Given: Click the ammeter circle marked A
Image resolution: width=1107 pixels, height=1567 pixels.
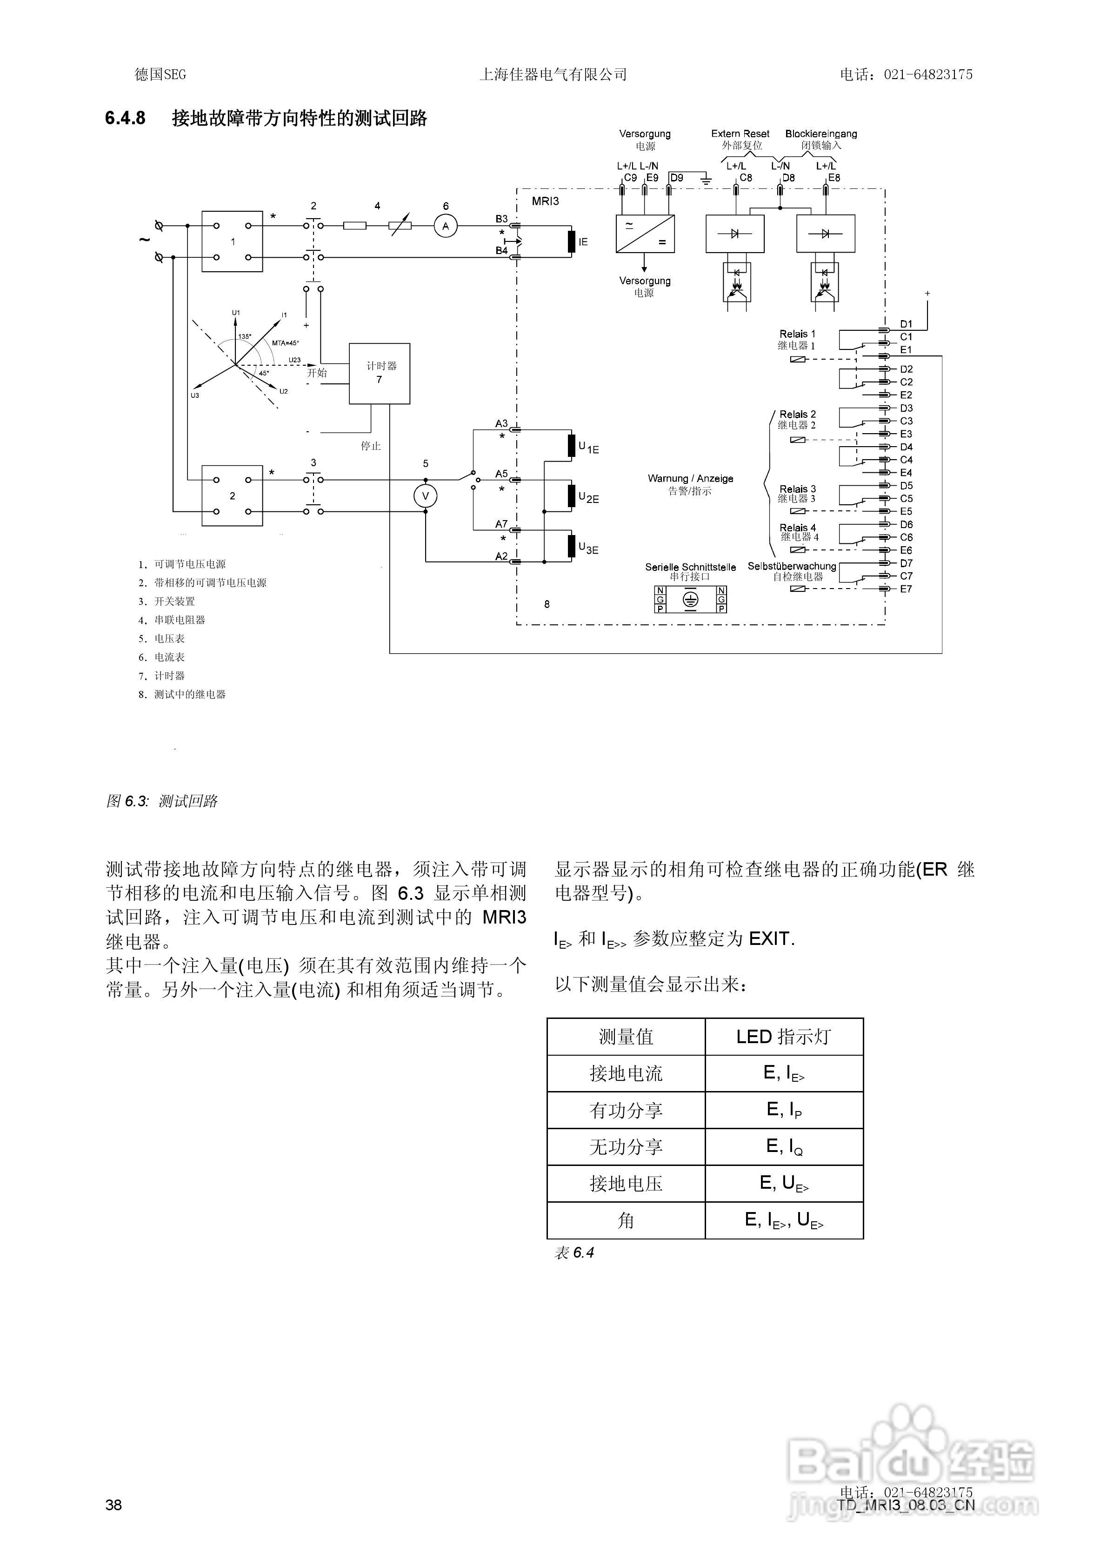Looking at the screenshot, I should (x=446, y=226).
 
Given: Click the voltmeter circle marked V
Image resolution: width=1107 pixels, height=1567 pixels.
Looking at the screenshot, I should (x=425, y=496).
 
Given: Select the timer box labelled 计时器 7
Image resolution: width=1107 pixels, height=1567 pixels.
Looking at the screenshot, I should (x=380, y=373).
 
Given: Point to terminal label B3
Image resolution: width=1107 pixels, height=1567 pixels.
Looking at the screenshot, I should (x=501, y=219).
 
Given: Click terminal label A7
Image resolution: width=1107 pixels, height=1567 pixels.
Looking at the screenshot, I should (x=501, y=524).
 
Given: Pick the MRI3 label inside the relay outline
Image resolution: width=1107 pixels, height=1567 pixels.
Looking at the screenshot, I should (x=545, y=201).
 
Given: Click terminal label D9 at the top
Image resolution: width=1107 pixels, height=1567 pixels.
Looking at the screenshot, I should (x=676, y=177).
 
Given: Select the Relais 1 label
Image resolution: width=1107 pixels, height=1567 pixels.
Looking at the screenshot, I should (x=797, y=334).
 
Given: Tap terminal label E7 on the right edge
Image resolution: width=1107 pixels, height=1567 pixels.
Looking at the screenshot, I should (x=906, y=589).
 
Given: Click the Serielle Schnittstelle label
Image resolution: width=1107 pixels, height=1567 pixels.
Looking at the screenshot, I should (x=691, y=567).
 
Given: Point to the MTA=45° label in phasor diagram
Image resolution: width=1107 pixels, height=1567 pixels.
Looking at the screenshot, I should (x=285, y=342).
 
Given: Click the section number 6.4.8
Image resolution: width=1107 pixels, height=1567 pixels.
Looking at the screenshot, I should (x=125, y=118).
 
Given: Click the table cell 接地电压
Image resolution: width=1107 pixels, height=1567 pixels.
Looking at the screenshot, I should (x=626, y=1184).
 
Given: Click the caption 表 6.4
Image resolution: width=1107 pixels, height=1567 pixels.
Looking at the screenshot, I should (x=574, y=1252).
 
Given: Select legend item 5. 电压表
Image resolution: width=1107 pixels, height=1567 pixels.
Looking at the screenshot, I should (x=162, y=638).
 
